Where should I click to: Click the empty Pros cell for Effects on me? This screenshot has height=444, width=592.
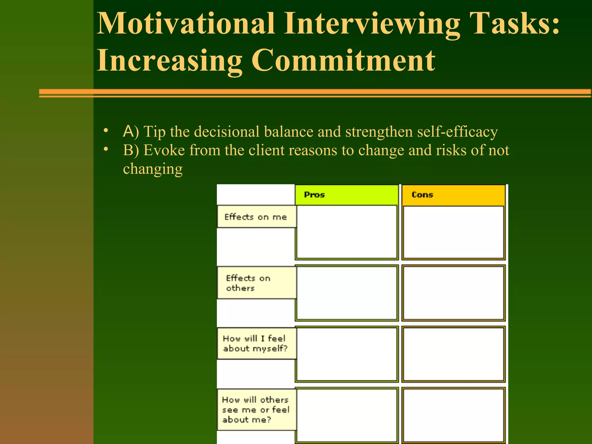tap(347, 232)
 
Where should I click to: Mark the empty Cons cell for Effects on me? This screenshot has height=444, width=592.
tap(453, 232)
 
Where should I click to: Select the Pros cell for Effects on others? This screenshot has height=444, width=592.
tap(347, 293)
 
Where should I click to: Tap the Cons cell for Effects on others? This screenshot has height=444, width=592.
tap(453, 293)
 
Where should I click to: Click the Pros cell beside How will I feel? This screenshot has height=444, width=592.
tap(347, 354)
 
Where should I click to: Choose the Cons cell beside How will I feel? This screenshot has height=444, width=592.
tap(453, 354)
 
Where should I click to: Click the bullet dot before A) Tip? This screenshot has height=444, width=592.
tap(106, 131)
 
